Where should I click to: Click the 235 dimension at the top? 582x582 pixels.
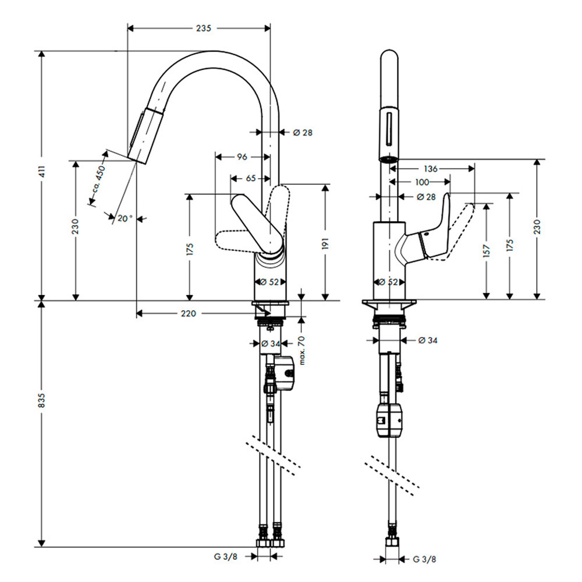[203, 28]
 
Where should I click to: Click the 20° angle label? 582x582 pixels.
[125, 218]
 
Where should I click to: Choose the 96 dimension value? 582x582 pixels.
[242, 157]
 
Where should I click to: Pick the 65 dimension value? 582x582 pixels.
[251, 179]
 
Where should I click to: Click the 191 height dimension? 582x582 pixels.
[325, 243]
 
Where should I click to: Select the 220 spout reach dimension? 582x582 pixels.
[188, 314]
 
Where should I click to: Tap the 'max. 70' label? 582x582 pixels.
[301, 350]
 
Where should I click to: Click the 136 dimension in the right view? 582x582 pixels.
[431, 169]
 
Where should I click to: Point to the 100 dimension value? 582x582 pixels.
[422, 182]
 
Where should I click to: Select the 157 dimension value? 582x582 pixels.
[487, 250]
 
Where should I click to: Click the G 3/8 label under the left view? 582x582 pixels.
[226, 556]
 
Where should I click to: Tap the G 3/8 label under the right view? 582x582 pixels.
[425, 559]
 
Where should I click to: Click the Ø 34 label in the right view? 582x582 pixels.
[428, 340]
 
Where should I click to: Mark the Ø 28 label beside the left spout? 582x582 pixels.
[303, 133]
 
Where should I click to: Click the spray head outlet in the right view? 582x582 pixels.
[389, 159]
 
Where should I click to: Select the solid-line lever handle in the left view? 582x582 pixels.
[257, 224]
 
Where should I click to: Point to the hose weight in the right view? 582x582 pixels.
[389, 420]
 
